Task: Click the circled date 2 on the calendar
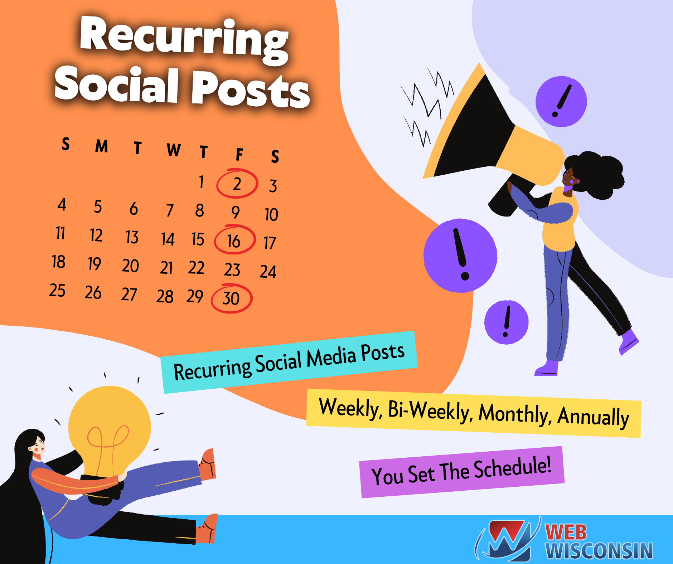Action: coord(237,184)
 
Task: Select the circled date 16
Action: coord(234,240)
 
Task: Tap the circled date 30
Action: coord(231,298)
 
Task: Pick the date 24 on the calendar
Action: coord(268,272)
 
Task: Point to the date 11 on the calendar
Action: coord(60,233)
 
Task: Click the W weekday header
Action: coord(174,150)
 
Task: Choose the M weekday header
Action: coord(102,146)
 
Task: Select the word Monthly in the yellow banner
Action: coord(514,414)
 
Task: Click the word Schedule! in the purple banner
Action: coord(513,467)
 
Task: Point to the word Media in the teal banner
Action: coord(331,358)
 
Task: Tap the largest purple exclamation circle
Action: coord(460,256)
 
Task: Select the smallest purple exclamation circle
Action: coord(506,322)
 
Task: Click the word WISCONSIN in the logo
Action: coord(599,551)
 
